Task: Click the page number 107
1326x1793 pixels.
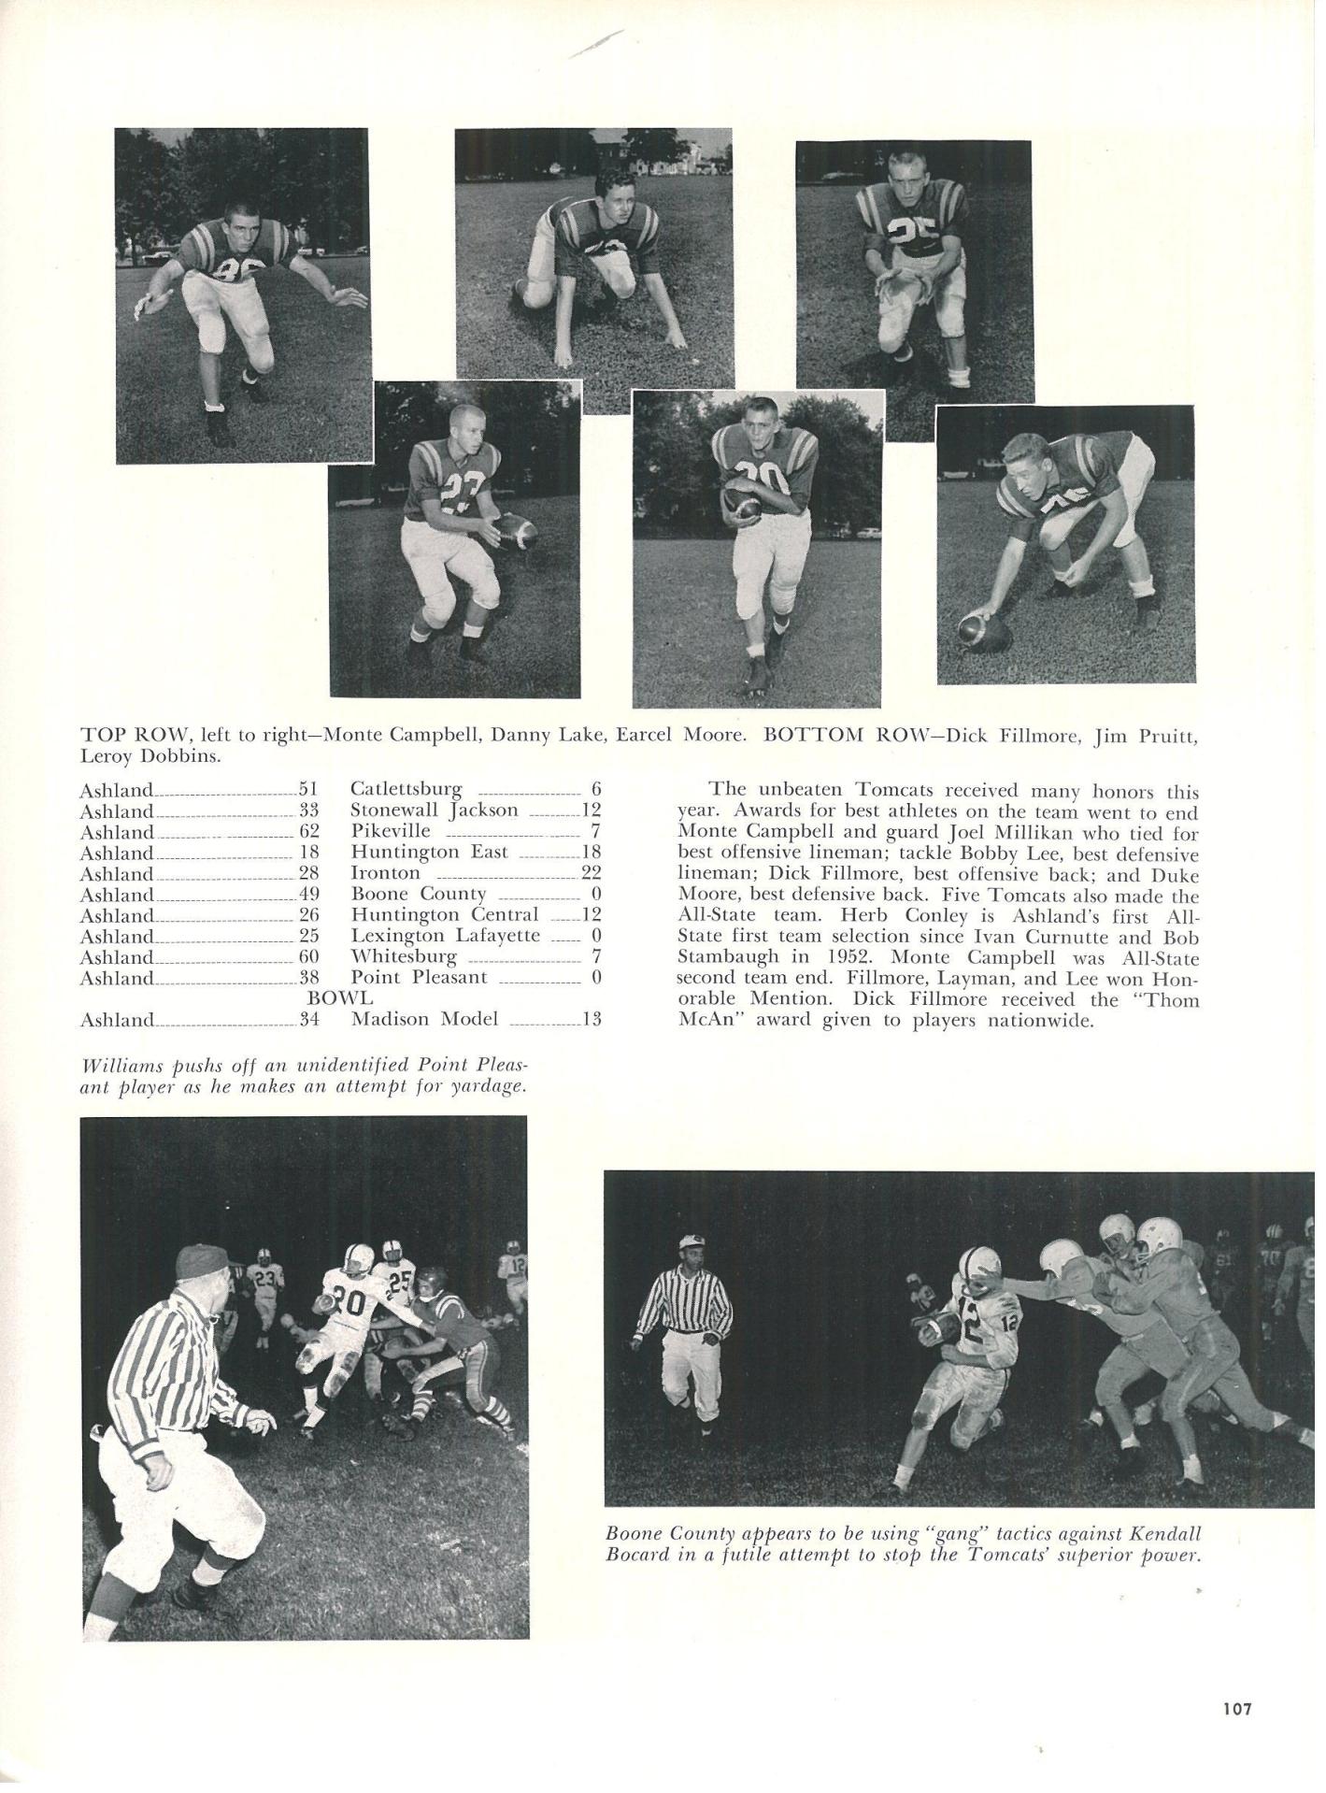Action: click(x=1236, y=1710)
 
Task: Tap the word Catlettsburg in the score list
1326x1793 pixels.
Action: click(x=406, y=790)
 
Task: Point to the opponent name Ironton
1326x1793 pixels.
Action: click(x=385, y=873)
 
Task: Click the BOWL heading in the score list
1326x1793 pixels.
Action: click(x=340, y=998)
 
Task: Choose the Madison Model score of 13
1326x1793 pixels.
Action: click(x=591, y=1019)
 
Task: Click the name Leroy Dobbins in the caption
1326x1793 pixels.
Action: click(x=150, y=756)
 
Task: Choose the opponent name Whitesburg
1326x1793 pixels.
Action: click(x=404, y=956)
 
